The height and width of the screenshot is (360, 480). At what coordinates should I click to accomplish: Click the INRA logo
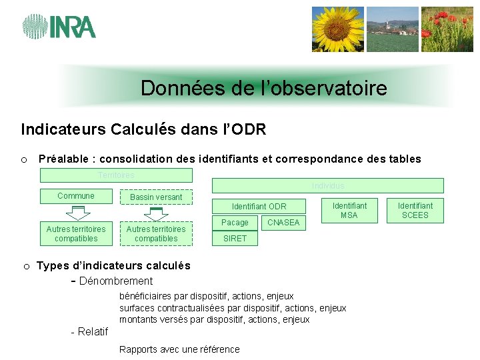pos(59,26)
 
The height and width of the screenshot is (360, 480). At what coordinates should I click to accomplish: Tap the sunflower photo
pos(338,29)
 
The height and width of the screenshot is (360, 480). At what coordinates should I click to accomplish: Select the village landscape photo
pos(392,29)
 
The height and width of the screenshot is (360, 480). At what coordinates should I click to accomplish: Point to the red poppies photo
pos(447,29)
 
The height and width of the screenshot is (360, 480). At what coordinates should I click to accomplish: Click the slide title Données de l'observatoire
pos(263,88)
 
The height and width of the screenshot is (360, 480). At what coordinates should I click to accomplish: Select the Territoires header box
pos(116,175)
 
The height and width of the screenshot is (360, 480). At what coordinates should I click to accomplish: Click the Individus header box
pos(327,185)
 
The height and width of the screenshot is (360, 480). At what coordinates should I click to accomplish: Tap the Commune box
pos(76,196)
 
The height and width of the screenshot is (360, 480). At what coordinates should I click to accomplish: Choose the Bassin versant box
pos(156,197)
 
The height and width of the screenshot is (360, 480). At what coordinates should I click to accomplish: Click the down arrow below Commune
pos(78,213)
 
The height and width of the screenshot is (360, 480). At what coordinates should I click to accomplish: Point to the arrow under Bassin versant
pos(157,213)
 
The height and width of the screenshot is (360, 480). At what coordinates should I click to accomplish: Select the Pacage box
pos(235,223)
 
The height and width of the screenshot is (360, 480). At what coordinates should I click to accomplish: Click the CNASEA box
pos(283,223)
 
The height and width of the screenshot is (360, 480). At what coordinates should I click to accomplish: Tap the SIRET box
pos(235,239)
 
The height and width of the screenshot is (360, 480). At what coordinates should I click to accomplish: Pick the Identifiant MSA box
pos(349,210)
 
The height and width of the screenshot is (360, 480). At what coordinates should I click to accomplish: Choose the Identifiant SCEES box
pos(415,210)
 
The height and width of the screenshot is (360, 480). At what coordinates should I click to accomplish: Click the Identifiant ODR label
pos(259,207)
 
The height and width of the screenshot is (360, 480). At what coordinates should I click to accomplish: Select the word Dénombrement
pos(116,281)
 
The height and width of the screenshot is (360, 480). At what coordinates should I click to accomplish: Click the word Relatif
pos(93,332)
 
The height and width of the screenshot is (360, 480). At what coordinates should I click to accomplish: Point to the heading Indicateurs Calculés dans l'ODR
pos(143,129)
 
